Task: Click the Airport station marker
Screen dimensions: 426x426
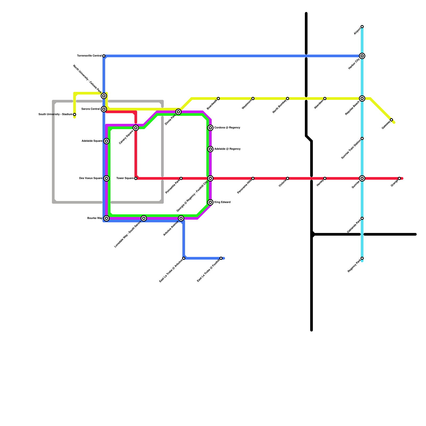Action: coord(362,27)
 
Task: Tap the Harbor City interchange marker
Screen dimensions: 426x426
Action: coord(362,56)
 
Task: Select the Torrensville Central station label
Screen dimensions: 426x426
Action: coord(89,56)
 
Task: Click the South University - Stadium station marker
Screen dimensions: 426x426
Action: coord(75,114)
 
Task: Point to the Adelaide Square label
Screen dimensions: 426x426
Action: coord(92,141)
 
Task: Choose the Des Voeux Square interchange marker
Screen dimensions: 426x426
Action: coord(106,178)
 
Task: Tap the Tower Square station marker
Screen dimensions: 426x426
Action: coord(136,178)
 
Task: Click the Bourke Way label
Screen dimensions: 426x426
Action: coord(95,218)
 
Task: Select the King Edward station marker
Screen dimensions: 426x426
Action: coord(210,202)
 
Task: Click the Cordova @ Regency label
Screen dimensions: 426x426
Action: coord(227,128)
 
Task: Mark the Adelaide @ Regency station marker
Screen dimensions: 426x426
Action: coord(210,149)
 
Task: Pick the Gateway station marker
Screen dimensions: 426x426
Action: coord(391,120)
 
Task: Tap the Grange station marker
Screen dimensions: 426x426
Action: coord(399,178)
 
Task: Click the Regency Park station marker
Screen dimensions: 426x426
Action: coord(362,258)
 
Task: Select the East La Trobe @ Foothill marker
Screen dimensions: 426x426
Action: coord(221,258)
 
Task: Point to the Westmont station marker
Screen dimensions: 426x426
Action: coord(253,99)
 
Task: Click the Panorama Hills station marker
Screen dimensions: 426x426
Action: coord(253,178)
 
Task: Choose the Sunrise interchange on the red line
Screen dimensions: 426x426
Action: coord(362,178)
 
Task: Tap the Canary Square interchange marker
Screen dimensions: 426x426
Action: coord(136,128)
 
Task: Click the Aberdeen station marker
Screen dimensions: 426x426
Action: coord(325,99)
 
